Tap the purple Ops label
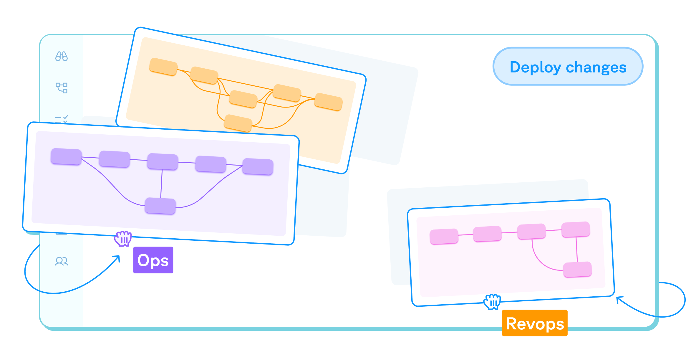[153, 260]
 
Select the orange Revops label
[535, 323]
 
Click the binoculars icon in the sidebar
[62, 56]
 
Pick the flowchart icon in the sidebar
[62, 88]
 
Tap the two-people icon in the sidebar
[62, 261]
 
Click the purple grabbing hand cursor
[123, 238]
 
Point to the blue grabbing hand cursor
[492, 302]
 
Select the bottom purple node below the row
[160, 206]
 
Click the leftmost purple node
[66, 156]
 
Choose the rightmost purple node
[258, 167]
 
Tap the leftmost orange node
[163, 67]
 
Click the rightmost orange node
[328, 102]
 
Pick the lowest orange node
[238, 123]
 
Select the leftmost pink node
[444, 236]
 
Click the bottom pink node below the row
[577, 269]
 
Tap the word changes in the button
[596, 67]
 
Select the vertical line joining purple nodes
[161, 184]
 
